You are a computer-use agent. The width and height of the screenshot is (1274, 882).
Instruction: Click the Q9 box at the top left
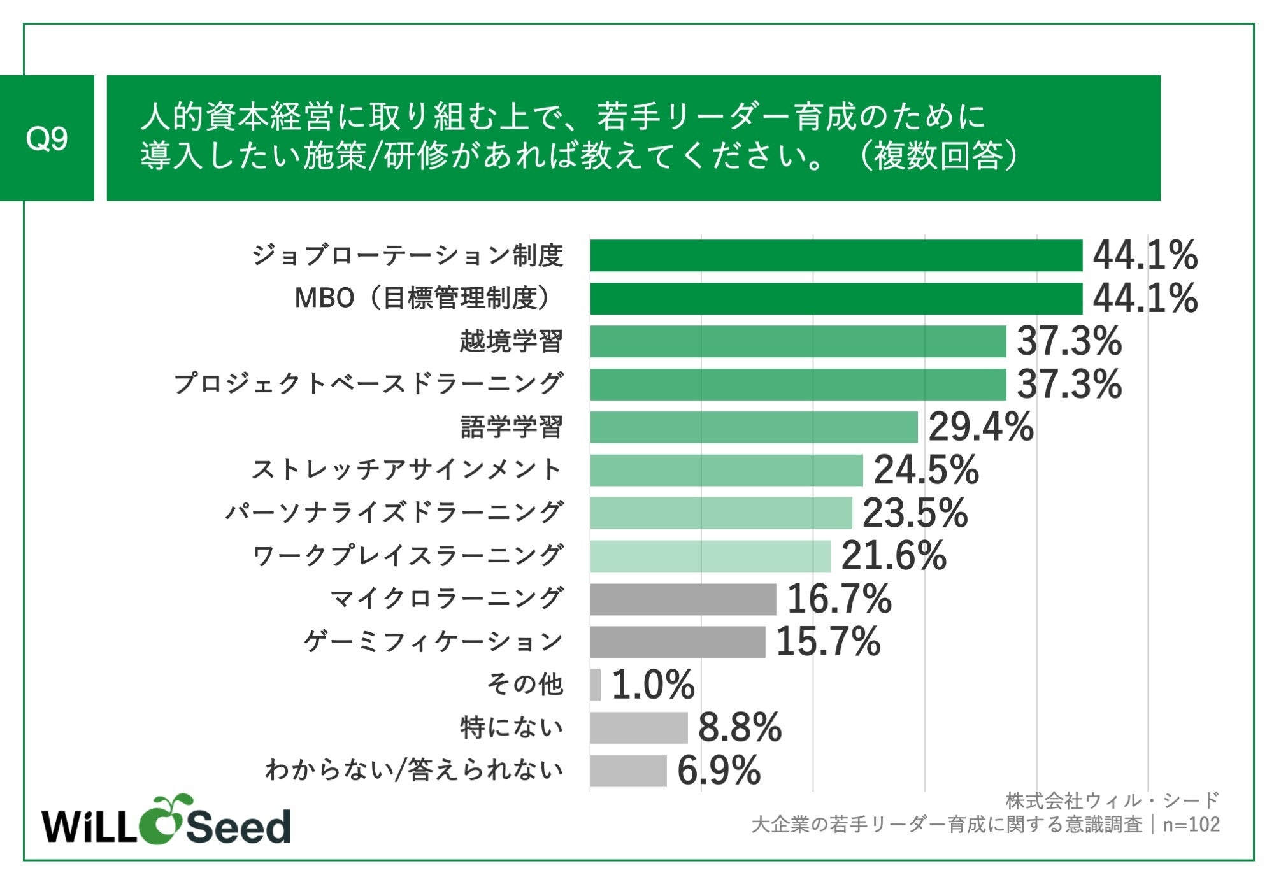(x=47, y=138)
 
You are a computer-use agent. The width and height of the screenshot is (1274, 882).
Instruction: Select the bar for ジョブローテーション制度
(x=836, y=255)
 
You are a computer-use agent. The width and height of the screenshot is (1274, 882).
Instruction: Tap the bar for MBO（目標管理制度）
(x=836, y=299)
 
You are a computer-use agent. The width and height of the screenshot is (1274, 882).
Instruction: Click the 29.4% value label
(x=980, y=427)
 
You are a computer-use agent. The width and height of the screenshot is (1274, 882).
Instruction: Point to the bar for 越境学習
(x=798, y=341)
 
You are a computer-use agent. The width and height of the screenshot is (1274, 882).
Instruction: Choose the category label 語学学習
(x=512, y=427)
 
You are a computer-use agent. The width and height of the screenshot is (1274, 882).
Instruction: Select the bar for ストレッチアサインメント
(x=726, y=470)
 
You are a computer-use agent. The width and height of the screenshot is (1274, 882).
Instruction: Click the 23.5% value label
(x=915, y=513)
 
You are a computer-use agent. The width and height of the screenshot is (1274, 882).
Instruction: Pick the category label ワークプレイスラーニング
(x=408, y=556)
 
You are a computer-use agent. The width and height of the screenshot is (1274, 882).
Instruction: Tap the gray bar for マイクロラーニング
(x=683, y=599)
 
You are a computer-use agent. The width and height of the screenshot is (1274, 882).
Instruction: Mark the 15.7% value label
(x=828, y=641)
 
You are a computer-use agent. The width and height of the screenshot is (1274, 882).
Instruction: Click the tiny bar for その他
(x=595, y=685)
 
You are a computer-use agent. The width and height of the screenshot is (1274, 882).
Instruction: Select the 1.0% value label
(x=653, y=685)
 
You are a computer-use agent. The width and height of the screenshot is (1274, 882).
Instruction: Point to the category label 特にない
(x=512, y=727)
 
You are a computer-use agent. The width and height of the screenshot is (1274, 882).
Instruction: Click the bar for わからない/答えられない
(x=628, y=771)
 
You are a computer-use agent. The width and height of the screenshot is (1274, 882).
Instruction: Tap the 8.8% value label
(x=740, y=727)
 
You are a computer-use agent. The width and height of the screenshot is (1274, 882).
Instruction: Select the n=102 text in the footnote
(x=1191, y=825)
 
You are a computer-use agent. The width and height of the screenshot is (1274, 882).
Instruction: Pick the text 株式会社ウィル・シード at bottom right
(x=1112, y=800)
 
